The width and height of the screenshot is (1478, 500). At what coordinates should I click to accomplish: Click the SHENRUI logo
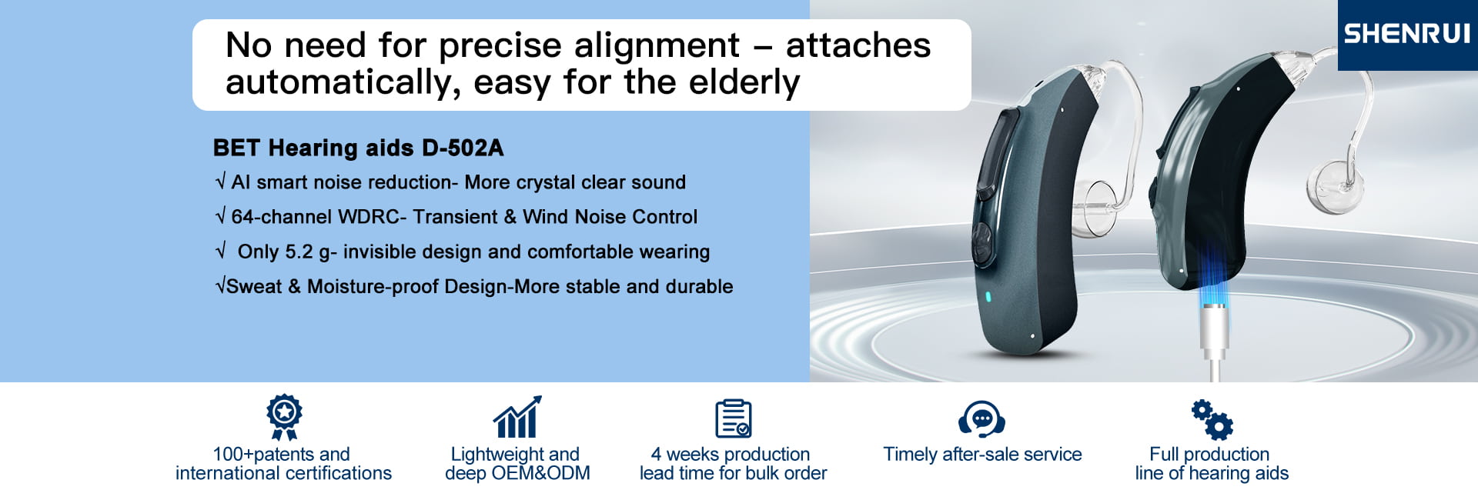(1407, 34)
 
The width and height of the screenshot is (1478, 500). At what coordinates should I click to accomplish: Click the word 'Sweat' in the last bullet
(254, 286)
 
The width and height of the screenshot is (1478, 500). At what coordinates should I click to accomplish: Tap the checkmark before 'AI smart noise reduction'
(221, 182)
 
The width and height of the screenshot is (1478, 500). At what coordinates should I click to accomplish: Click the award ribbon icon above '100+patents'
(284, 417)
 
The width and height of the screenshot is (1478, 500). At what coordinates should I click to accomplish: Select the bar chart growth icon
(517, 417)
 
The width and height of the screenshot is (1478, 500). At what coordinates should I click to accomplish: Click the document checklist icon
(733, 418)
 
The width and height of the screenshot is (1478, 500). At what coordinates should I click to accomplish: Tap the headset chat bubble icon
(981, 418)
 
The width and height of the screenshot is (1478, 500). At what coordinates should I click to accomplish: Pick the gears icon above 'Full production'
(1212, 419)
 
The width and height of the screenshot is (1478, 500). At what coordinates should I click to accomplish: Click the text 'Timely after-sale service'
(982, 455)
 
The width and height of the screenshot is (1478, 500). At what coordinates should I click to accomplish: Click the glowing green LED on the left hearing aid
(989, 297)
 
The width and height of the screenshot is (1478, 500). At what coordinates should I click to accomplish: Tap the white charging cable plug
(1213, 331)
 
